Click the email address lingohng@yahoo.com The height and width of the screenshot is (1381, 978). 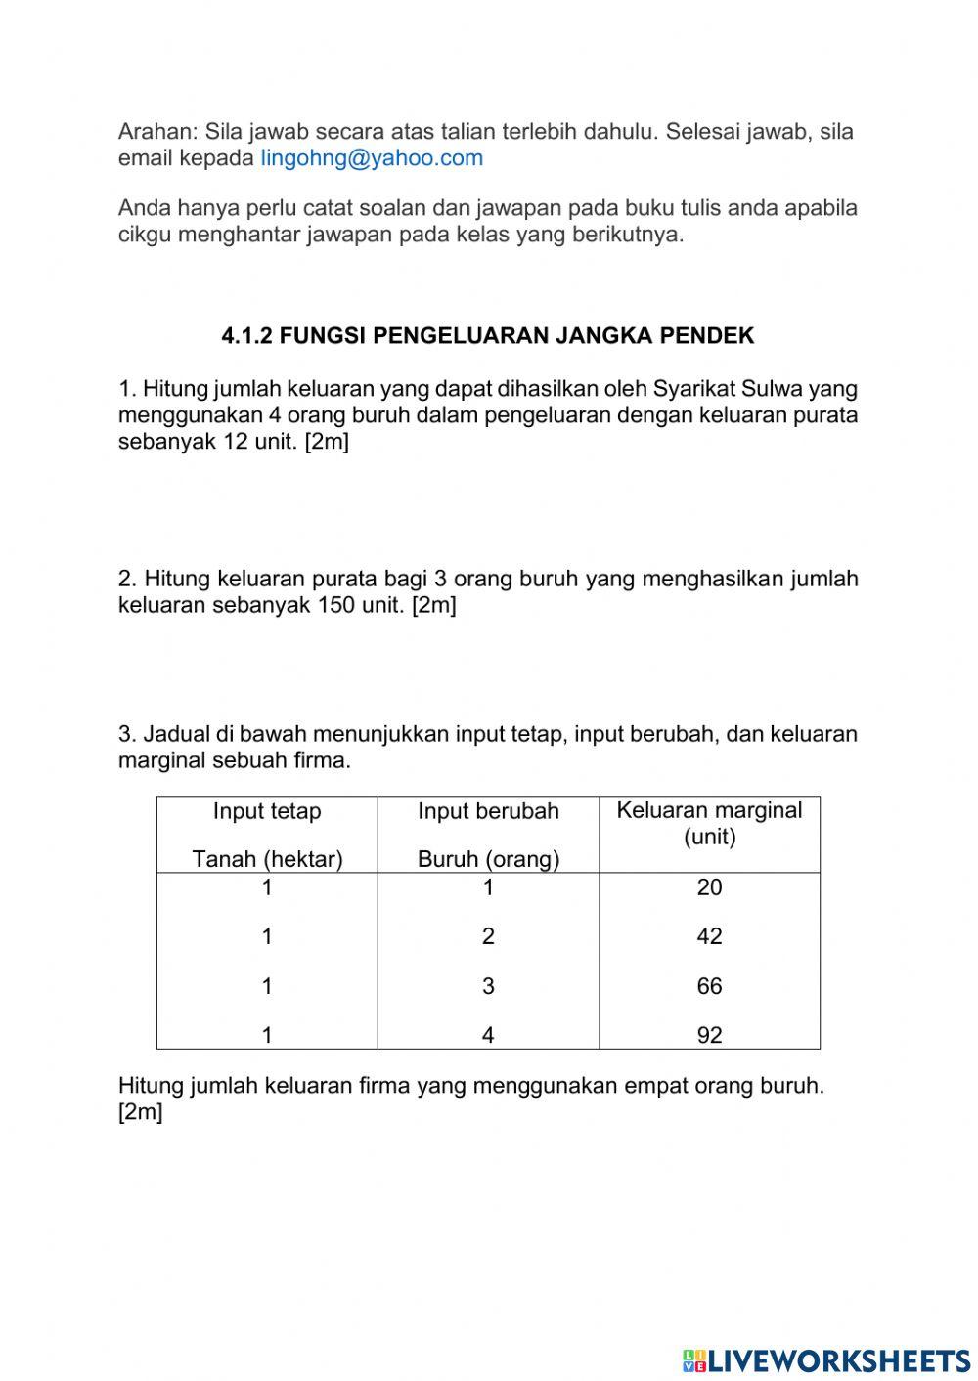point(372,158)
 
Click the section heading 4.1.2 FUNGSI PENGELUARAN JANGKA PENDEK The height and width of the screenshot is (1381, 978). point(488,336)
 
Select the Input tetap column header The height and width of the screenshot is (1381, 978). point(267,811)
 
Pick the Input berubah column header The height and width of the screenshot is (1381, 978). point(488,811)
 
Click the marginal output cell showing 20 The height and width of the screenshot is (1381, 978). point(709,887)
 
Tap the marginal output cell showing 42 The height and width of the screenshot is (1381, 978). point(709,936)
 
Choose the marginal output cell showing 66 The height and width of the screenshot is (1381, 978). point(709,986)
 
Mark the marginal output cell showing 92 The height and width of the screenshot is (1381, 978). point(709,1035)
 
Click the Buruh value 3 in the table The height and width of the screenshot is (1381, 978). point(488,986)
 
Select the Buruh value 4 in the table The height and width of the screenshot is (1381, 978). point(488,1035)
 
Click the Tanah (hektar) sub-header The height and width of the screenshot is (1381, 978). point(267,859)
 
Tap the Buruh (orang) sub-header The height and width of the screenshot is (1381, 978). point(488,859)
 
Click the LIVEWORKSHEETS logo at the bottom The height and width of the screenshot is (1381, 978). point(826,1359)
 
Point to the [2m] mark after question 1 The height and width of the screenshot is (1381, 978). point(327,442)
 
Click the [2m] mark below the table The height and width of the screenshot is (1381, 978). point(140,1112)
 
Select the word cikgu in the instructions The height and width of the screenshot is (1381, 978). point(145,236)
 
